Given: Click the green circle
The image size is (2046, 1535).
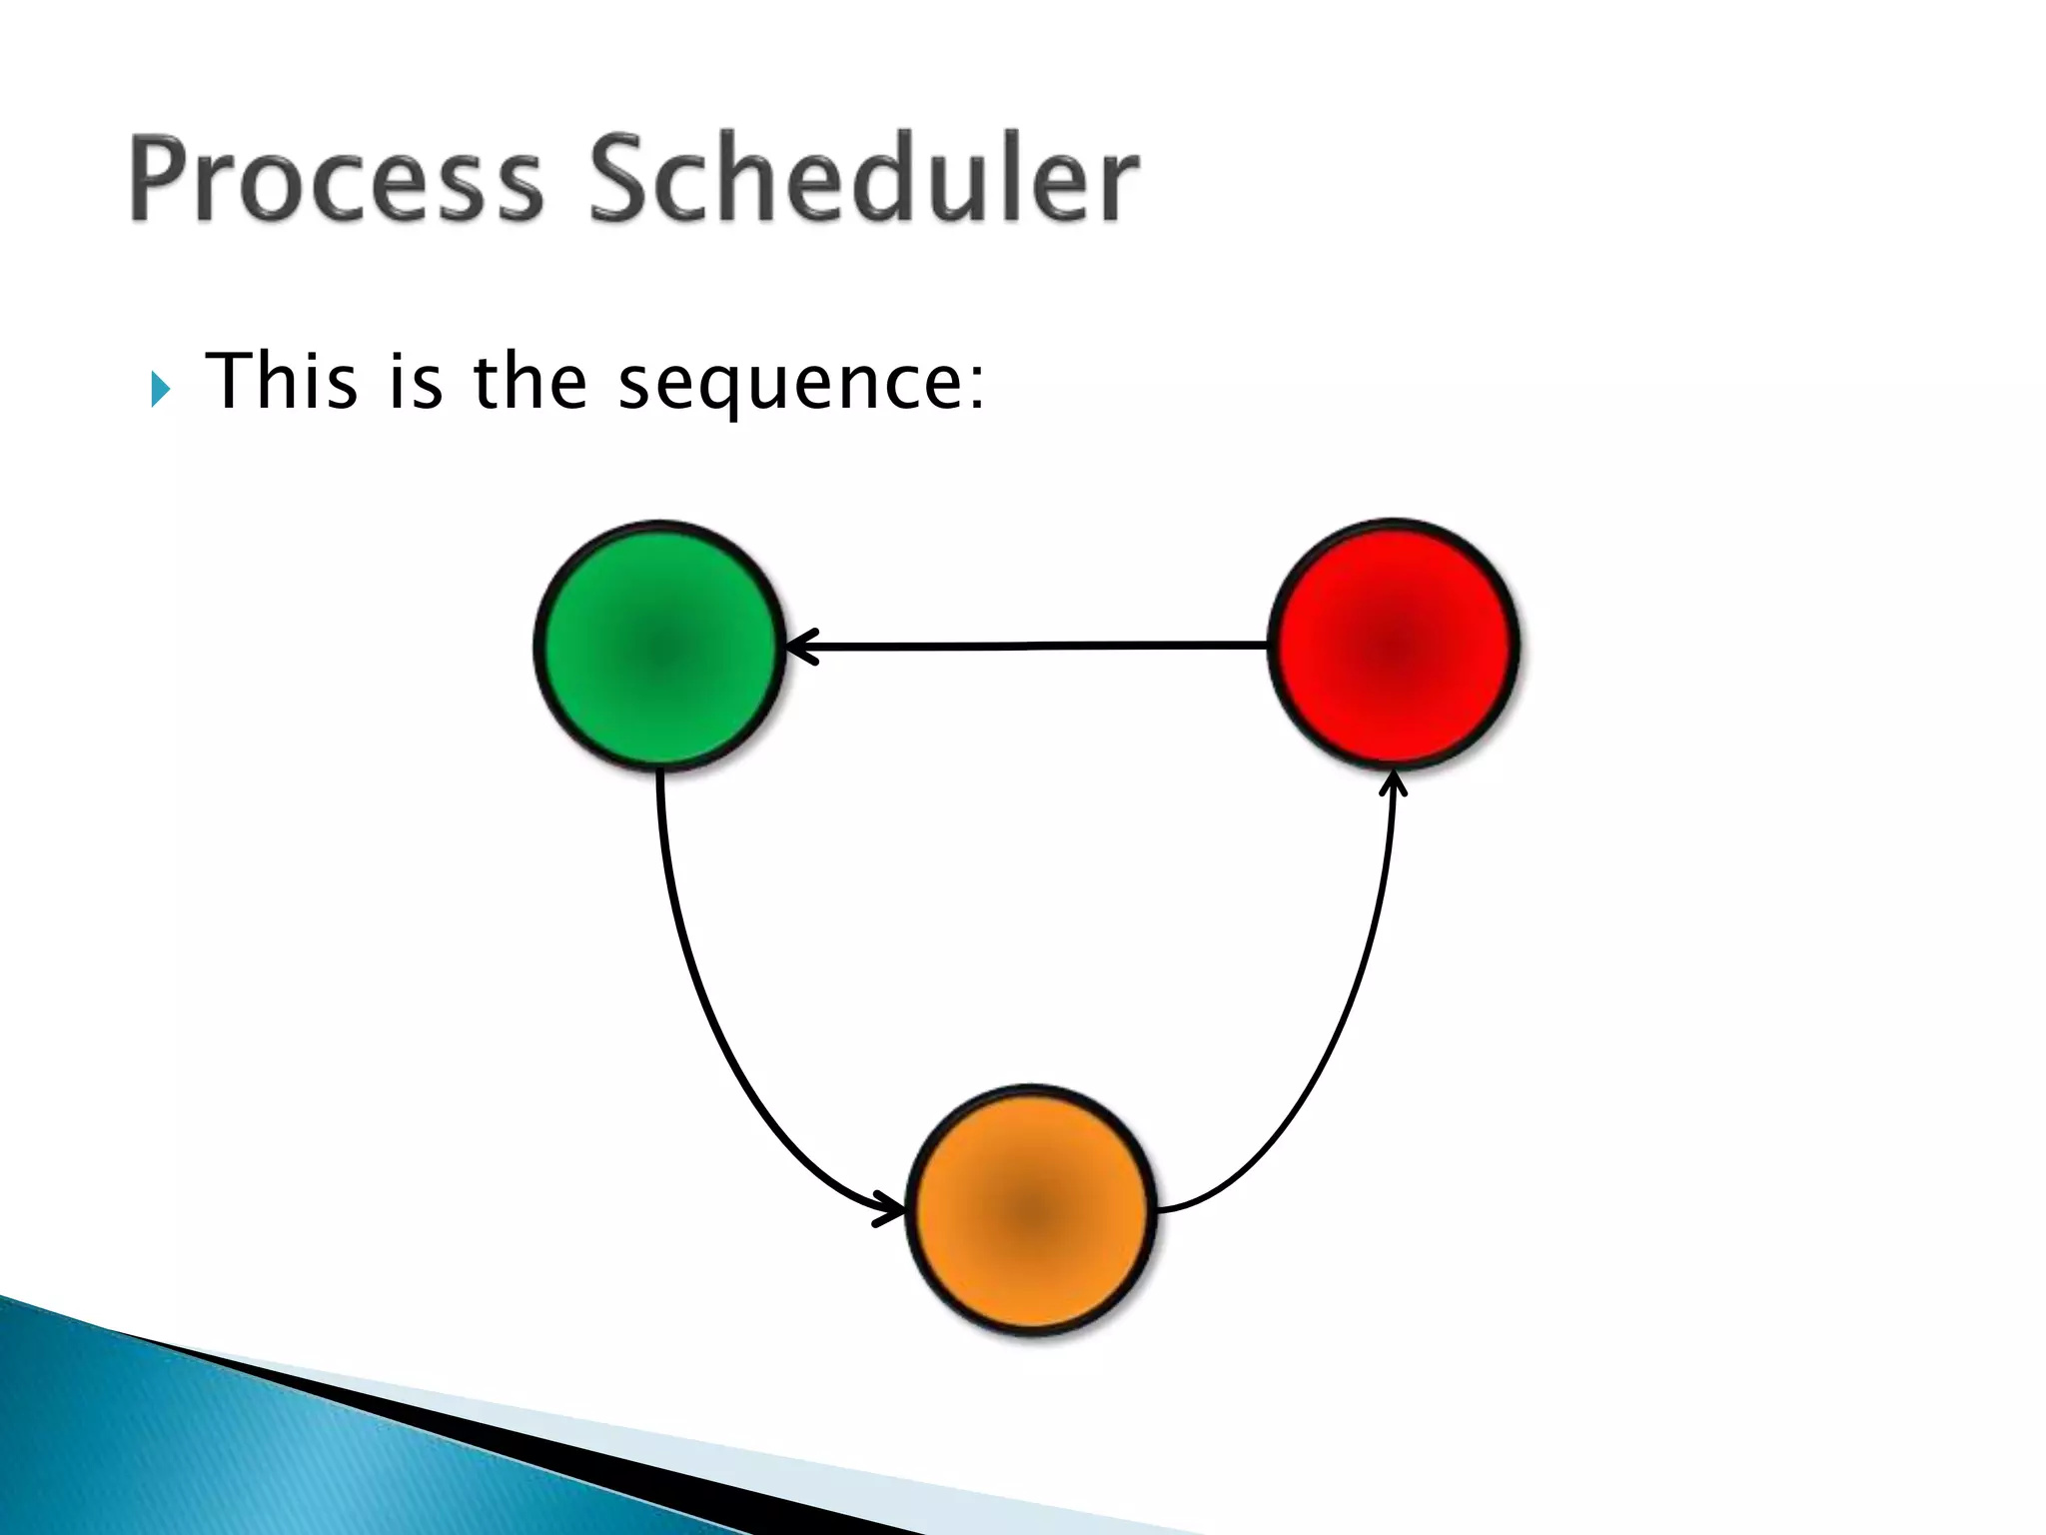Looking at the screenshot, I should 659,646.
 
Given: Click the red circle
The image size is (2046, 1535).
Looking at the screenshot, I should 1394,645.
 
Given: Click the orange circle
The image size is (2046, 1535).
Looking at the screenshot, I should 1031,1210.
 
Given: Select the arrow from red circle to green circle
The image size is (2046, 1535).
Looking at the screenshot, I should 1029,647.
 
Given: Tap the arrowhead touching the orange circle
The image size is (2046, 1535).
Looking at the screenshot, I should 888,1207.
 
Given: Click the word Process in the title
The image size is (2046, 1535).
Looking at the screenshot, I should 335,180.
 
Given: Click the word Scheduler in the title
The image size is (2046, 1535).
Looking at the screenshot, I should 864,180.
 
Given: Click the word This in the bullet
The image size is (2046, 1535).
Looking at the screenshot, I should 281,382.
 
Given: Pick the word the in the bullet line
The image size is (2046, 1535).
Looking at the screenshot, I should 529,382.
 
